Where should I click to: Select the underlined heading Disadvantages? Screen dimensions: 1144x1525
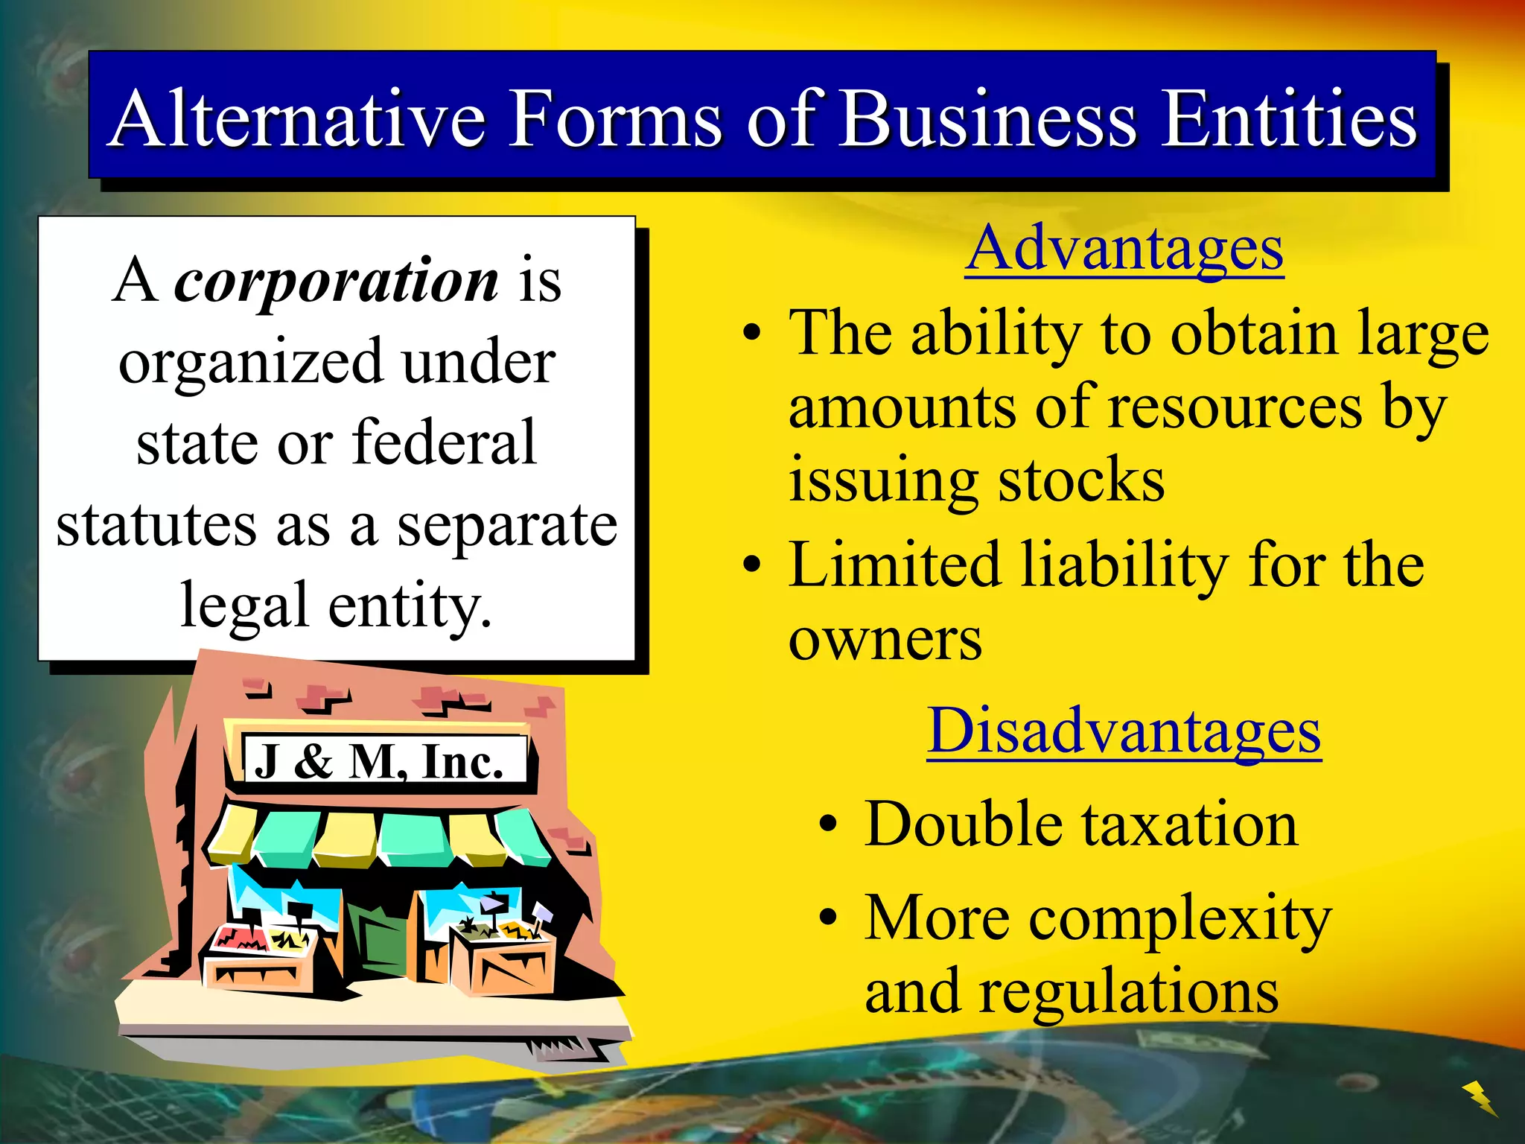click(x=1124, y=731)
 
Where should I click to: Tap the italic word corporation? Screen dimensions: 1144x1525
click(x=337, y=282)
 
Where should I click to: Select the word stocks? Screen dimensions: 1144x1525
click(x=1081, y=480)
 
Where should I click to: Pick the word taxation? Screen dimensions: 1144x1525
click(x=1190, y=825)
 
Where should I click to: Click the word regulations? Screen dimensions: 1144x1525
click(x=1128, y=992)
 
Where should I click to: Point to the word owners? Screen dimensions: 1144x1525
click(x=885, y=639)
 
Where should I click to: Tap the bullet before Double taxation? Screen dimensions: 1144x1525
click(x=828, y=825)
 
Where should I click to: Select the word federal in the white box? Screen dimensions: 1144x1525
click(x=444, y=443)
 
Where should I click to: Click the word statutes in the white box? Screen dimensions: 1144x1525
click(x=156, y=525)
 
